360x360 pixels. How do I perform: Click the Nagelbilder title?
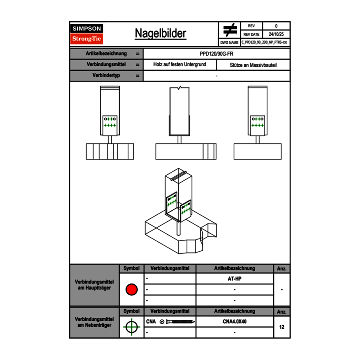pos(160,34)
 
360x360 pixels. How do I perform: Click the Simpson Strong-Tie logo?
pos(87,34)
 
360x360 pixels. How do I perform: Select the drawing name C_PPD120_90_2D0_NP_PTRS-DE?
pos(265,42)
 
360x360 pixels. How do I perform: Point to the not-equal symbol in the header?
pos(230,30)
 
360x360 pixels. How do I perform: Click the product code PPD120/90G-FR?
pos(217,54)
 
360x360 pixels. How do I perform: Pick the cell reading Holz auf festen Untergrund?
pos(180,65)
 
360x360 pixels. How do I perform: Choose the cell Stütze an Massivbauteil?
pos(254,65)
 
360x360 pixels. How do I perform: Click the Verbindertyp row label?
pos(106,76)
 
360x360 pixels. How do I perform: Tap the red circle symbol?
pos(131,290)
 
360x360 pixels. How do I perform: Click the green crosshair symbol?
pos(131,327)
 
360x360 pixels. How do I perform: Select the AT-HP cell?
pos(234,279)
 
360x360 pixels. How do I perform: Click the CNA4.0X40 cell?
pos(234,322)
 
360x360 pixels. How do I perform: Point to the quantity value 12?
pos(282,327)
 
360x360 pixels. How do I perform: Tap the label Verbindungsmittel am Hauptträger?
pos(94,285)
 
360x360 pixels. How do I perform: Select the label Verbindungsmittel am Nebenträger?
pos(94,322)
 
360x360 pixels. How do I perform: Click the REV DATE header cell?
pos(252,34)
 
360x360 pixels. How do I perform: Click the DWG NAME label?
pos(229,42)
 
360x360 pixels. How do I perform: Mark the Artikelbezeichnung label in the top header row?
pos(106,54)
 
